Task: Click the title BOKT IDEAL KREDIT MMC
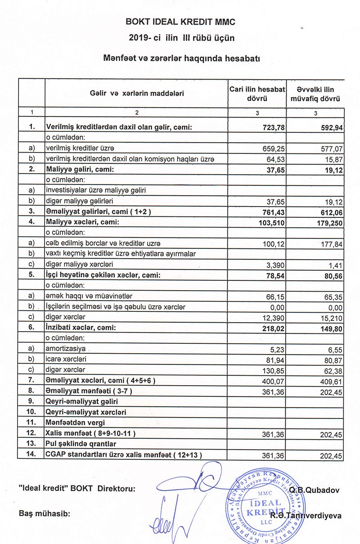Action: pos(180,22)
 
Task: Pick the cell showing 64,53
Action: pos(276,159)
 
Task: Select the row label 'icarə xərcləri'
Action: pos(63,360)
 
